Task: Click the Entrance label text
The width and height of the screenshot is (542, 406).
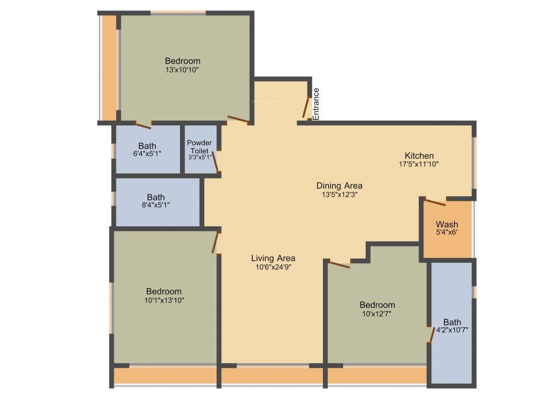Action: (316, 104)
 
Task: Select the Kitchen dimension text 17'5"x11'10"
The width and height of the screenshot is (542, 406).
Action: (419, 164)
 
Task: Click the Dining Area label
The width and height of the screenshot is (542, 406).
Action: (339, 186)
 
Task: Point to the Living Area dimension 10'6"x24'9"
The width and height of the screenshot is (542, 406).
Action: (273, 267)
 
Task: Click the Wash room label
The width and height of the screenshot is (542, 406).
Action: (447, 225)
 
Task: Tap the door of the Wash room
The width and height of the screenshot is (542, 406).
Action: (435, 201)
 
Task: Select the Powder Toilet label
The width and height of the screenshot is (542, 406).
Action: (200, 146)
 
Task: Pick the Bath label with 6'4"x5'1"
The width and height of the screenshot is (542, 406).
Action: (147, 146)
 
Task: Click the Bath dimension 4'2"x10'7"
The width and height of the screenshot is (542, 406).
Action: (451, 330)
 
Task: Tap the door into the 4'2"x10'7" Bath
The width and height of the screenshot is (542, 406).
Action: (431, 335)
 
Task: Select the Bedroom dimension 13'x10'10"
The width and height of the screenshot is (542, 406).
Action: (182, 69)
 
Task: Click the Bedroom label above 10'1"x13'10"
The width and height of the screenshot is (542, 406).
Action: (164, 291)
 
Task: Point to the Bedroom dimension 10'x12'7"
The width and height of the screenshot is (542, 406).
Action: (377, 313)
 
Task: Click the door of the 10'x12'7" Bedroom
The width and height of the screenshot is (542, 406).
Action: (339, 264)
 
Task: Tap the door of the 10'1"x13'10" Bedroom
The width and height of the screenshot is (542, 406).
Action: (215, 243)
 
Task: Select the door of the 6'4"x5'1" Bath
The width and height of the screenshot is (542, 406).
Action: (143, 125)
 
